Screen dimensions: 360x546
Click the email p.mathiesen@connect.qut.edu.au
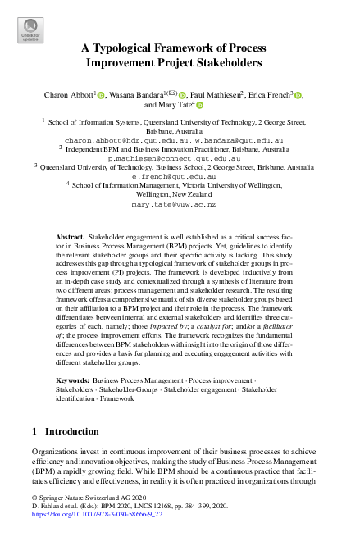(x=180, y=157)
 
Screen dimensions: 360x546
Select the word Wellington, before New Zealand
(x=157, y=194)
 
